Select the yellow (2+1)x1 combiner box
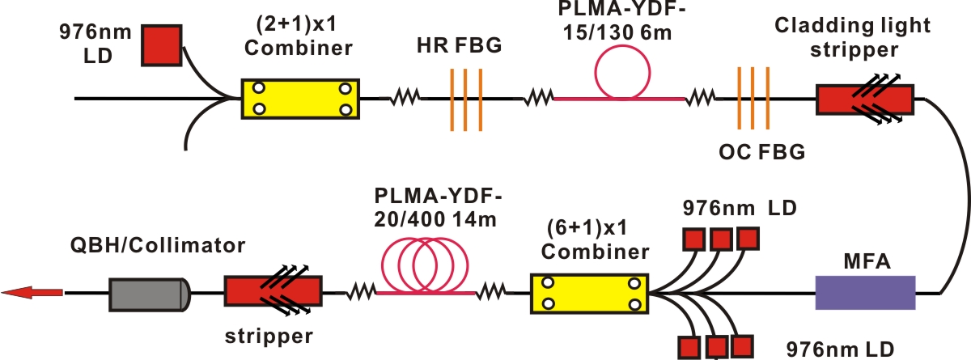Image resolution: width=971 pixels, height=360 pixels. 299,99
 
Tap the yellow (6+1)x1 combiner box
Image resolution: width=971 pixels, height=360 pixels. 590,294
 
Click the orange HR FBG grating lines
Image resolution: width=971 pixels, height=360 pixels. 466,99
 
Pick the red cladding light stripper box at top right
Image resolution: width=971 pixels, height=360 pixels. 865,99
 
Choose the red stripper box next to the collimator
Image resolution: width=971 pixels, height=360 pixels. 273,294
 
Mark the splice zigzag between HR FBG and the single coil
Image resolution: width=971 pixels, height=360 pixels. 537,99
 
